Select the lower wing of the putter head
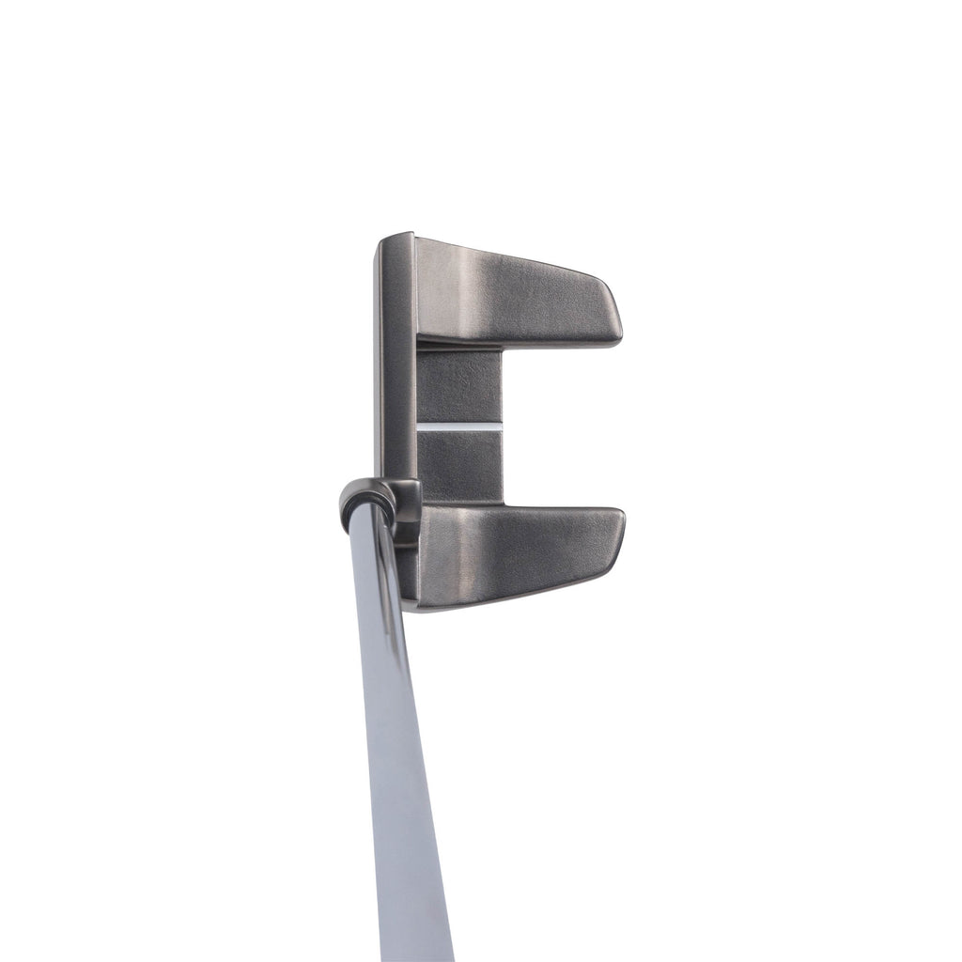[x=517, y=554]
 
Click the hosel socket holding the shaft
[x=371, y=498]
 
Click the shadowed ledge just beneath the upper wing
[x=460, y=349]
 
